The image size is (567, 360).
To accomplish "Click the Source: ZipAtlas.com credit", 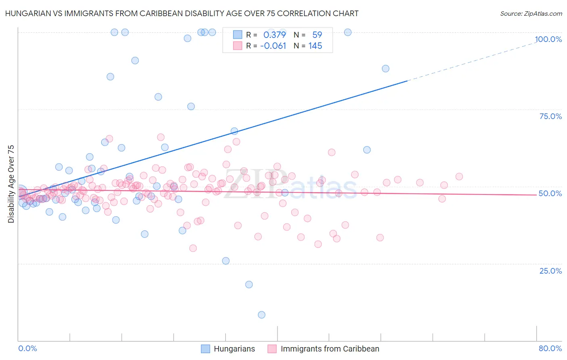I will (x=531, y=13).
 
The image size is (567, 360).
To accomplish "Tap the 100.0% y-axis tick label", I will (x=548, y=39).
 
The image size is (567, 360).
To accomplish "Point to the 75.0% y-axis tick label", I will (x=550, y=116).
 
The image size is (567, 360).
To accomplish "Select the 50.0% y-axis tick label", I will (x=550, y=193).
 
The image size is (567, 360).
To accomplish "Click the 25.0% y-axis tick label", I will (x=550, y=271).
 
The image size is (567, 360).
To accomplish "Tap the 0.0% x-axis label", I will (x=27, y=348).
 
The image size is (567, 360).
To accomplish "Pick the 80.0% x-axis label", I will (x=550, y=348).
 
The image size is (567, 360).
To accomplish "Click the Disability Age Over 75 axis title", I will (x=11, y=184).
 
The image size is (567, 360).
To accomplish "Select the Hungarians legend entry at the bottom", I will (x=228, y=349).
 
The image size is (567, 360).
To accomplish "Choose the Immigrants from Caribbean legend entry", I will (x=323, y=349).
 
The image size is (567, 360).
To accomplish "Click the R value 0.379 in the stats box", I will (x=275, y=35).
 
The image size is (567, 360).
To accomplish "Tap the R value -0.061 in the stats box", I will (x=273, y=46).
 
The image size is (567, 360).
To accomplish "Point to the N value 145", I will (x=315, y=46).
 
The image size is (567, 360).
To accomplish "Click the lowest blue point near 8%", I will (x=261, y=315).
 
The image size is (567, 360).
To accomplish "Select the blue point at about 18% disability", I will (x=249, y=285).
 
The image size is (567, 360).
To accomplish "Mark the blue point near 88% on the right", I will (x=386, y=69).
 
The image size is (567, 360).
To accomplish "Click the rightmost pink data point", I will (x=459, y=176).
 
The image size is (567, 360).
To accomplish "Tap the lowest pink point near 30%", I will (x=193, y=248).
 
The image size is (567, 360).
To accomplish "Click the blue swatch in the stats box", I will (x=238, y=35).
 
